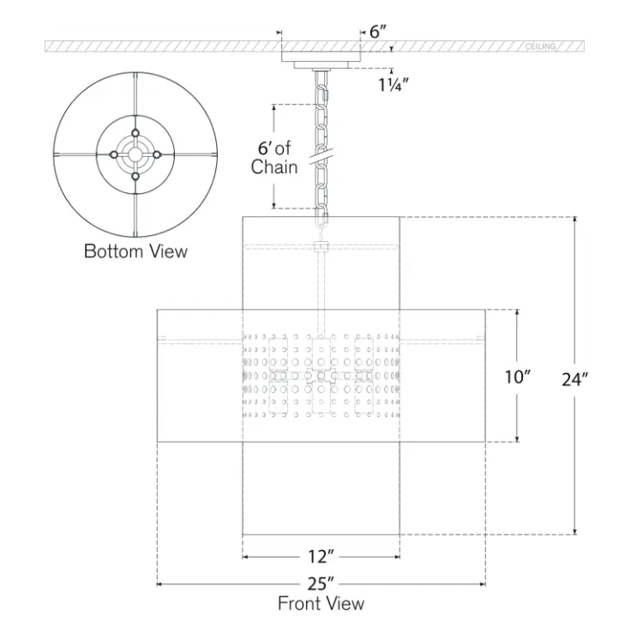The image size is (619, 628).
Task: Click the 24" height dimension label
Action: coord(574,380)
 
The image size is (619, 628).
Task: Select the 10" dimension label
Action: coord(517,377)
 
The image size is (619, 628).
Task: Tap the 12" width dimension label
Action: coord(321,556)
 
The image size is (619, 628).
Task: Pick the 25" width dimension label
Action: coord(321,584)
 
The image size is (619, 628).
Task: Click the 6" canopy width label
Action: coord(378,32)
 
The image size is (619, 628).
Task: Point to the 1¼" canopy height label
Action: coord(394,85)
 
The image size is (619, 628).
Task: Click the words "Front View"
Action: coord(321,604)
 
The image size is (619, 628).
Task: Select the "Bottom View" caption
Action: coord(135,251)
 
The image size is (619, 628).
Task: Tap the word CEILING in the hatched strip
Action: coord(540,47)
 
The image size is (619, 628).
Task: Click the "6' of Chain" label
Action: coord(274,158)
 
